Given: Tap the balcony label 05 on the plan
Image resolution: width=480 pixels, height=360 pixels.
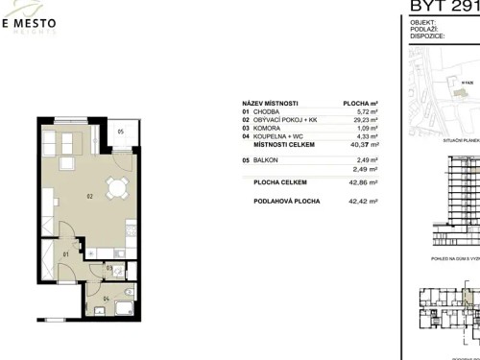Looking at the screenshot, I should pyautogui.click(x=122, y=131).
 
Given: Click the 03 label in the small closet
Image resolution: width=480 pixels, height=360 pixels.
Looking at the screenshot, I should pyautogui.click(x=109, y=268).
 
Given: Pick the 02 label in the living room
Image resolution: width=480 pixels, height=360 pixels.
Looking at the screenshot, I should pyautogui.click(x=88, y=197).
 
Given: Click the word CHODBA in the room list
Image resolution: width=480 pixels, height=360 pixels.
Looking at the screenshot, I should pyautogui.click(x=271, y=111).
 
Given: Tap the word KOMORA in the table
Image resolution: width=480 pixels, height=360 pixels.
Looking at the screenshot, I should pyautogui.click(x=272, y=128).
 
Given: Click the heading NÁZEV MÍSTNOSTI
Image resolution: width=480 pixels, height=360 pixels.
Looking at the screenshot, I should pyautogui.click(x=271, y=103).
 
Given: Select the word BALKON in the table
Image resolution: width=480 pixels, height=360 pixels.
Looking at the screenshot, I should pyautogui.click(x=271, y=160).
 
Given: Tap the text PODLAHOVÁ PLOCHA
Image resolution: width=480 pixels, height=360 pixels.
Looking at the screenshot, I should pyautogui.click(x=282, y=202).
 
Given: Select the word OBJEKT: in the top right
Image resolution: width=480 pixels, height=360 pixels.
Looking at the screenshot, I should pyautogui.click(x=422, y=21).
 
